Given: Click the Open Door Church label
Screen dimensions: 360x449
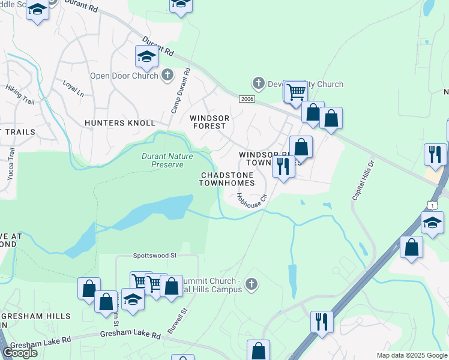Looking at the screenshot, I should click(124, 76).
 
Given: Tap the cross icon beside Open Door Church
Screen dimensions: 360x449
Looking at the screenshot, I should click(167, 75).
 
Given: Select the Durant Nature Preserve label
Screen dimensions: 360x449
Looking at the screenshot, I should click(162, 160).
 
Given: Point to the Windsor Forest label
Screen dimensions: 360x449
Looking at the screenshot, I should click(208, 122).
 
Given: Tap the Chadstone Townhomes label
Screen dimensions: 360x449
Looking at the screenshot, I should click(228, 178).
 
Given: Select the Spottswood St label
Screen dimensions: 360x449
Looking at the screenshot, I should click(155, 255).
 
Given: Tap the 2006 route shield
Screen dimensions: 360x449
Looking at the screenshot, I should click(246, 98).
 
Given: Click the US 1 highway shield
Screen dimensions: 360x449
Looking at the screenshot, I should click(432, 205).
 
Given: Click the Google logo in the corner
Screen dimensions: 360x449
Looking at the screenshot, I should click(20, 352).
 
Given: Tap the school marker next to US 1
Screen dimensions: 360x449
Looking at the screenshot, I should click(432, 223).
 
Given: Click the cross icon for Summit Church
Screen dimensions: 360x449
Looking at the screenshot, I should click(251, 283).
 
